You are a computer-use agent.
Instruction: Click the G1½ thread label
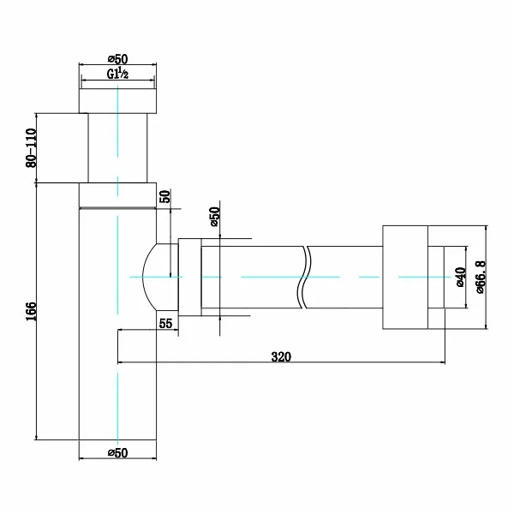[117, 74]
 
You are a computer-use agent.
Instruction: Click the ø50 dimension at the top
[117, 59]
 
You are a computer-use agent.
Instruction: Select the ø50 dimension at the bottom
[117, 452]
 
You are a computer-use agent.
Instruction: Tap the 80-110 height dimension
[32, 148]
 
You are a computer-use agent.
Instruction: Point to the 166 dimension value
[32, 311]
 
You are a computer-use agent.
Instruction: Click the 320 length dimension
[281, 356]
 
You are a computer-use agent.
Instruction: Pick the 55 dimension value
[165, 323]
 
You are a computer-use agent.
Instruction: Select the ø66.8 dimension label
[481, 277]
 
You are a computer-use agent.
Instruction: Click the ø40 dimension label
[461, 278]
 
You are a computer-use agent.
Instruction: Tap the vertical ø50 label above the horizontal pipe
[214, 217]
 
